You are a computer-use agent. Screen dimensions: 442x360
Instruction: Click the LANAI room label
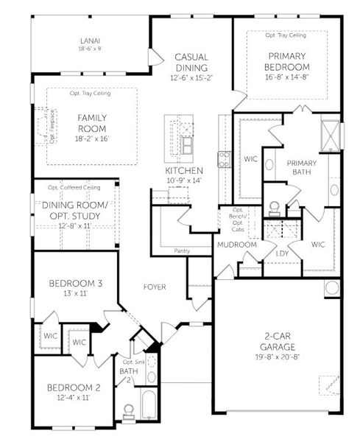(92, 41)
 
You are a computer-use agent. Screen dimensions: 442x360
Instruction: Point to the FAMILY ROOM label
(93, 122)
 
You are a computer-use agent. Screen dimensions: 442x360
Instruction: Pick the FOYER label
(155, 287)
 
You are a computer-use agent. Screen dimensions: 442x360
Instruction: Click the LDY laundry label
(281, 253)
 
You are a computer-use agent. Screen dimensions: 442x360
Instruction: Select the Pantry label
(182, 251)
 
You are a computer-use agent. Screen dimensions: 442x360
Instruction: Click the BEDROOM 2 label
(73, 388)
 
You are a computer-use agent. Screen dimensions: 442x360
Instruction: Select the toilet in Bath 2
(127, 409)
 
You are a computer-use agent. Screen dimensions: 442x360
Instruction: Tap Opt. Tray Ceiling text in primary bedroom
(286, 35)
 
